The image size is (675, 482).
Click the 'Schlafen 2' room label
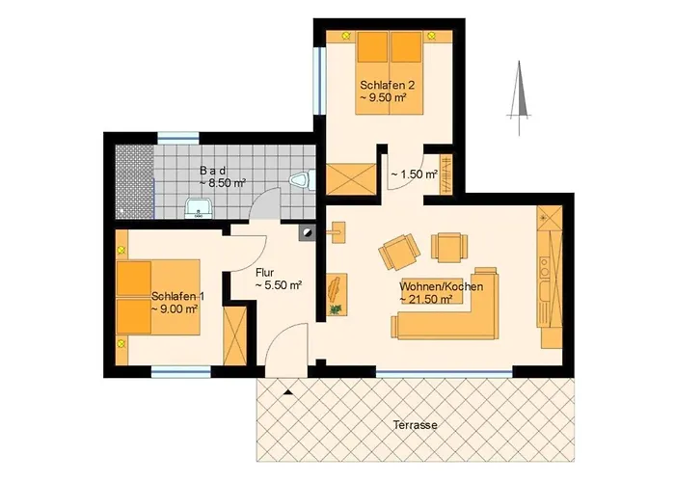point(384,85)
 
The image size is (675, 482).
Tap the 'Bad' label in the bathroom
point(213,171)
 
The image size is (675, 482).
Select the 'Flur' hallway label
point(265,273)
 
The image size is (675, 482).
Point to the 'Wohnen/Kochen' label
point(442,286)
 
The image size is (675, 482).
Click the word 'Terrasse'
point(415,425)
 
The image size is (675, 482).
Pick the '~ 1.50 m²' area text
point(414,174)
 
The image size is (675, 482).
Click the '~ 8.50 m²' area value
point(222,183)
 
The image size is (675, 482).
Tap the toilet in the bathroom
point(303,180)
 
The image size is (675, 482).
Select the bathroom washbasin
point(198,209)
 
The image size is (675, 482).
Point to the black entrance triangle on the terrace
point(289,392)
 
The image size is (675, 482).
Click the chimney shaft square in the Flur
point(307,232)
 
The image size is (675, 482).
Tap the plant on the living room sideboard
point(336,308)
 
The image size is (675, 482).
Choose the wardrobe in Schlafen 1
point(235,336)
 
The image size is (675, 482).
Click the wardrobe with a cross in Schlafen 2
point(351,178)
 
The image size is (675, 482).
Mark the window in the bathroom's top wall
point(178,138)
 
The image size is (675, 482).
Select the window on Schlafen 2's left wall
point(319,80)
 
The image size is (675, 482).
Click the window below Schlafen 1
point(181,372)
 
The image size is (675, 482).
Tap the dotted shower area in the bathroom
point(134,181)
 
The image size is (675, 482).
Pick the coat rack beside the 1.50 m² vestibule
point(445,174)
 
